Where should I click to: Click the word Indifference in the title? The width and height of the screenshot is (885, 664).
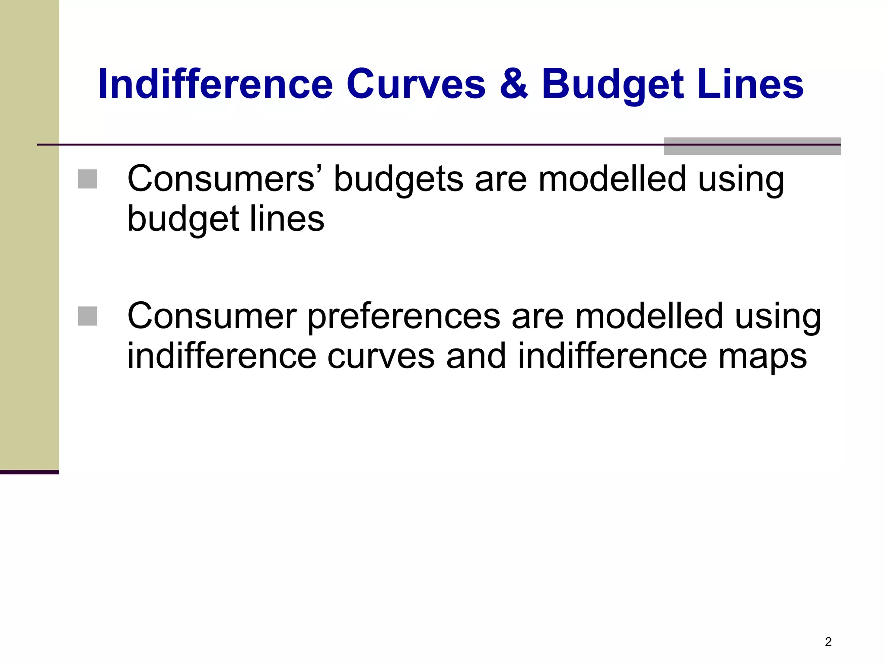tap(216, 84)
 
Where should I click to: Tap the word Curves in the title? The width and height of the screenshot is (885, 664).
tap(416, 84)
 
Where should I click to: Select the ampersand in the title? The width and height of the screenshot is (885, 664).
tap(513, 84)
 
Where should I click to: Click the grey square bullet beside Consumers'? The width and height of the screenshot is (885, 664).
tap(87, 179)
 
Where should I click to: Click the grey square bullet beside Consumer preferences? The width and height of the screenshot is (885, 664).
tap(87, 316)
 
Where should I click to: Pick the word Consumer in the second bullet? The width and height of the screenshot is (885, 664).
tap(212, 316)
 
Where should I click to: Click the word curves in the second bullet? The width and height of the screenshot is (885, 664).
tap(381, 356)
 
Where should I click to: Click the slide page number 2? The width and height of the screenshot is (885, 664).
tap(828, 642)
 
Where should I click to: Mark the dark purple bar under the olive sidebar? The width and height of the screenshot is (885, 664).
tap(29, 472)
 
